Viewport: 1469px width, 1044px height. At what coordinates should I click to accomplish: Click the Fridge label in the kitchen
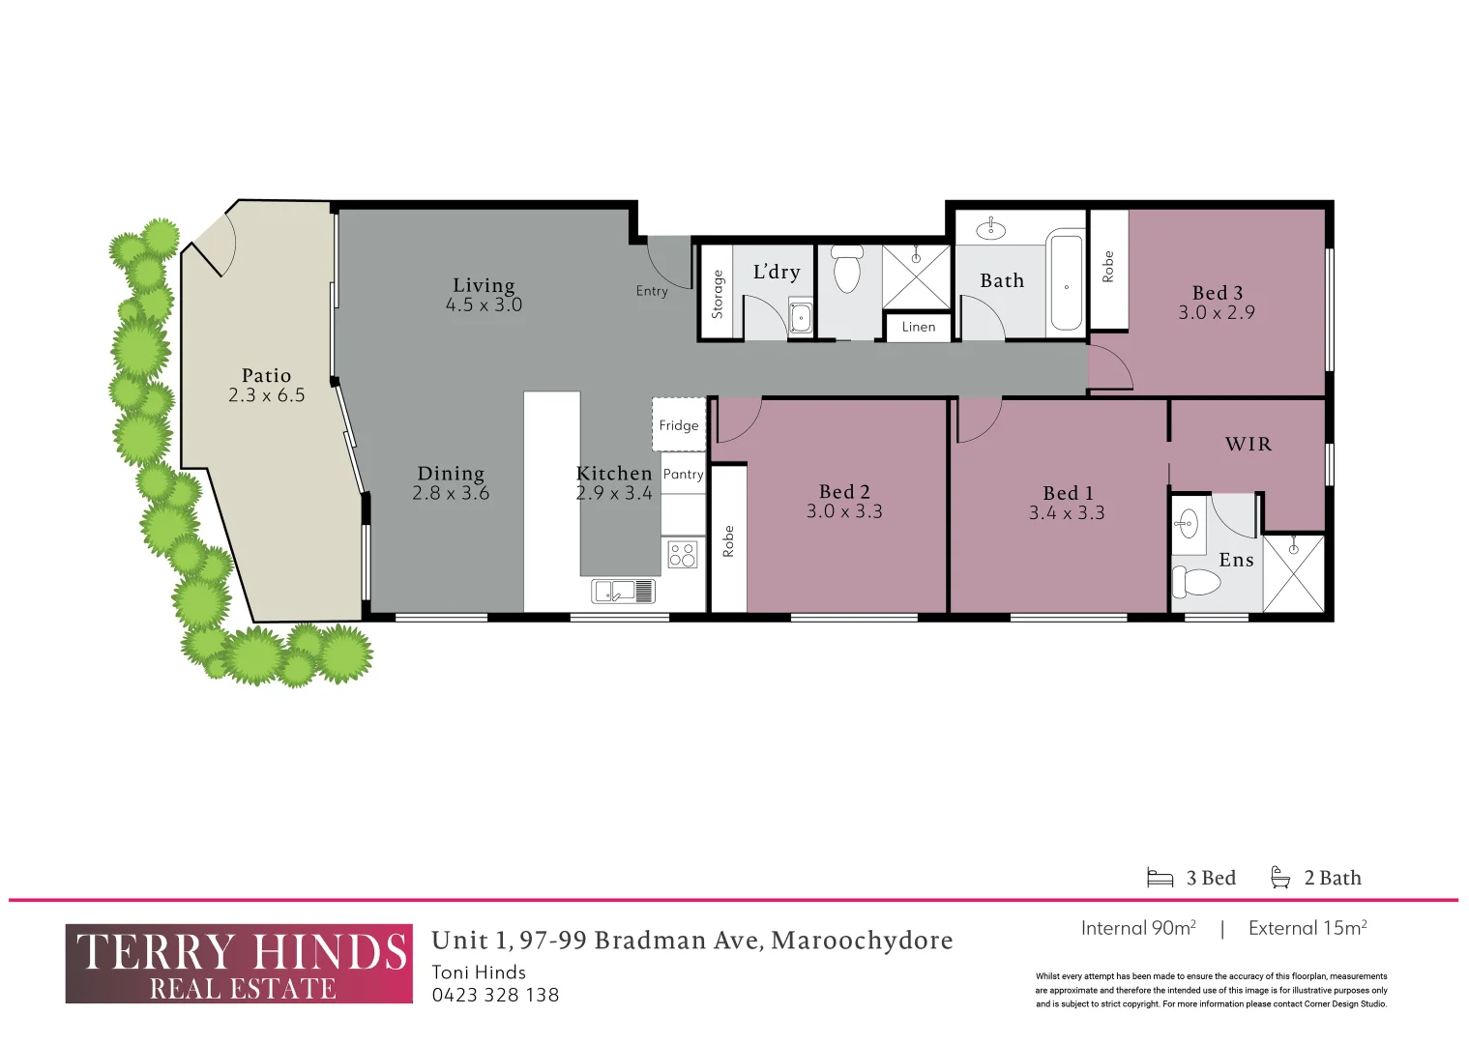(x=679, y=425)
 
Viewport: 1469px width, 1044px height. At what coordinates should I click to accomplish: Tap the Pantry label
(x=683, y=475)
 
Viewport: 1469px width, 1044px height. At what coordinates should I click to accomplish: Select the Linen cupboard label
(x=918, y=327)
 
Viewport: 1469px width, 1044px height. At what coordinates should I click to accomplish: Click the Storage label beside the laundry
(x=717, y=294)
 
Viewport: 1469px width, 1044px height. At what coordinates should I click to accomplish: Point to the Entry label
(x=652, y=291)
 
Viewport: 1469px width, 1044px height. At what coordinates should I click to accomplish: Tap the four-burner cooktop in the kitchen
(x=683, y=555)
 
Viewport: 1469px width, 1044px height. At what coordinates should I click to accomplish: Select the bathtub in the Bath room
(x=1067, y=282)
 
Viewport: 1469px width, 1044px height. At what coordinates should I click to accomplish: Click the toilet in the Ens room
(x=1196, y=582)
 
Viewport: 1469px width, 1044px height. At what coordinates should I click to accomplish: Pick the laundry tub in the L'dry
(x=801, y=316)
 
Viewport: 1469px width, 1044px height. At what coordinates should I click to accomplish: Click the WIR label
(x=1249, y=445)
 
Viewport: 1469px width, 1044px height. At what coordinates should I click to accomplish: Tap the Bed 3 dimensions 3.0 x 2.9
(x=1217, y=313)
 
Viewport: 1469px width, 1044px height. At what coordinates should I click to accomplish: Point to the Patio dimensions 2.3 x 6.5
(x=267, y=395)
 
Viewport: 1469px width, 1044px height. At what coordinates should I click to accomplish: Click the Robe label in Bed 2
(x=728, y=541)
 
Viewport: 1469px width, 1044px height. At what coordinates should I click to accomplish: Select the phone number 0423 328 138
(x=495, y=996)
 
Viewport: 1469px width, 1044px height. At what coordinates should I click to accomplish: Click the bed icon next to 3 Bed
(x=1160, y=878)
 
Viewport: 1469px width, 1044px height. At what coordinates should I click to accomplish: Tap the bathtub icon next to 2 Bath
(x=1280, y=877)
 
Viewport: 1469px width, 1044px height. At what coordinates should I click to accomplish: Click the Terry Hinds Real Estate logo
(x=239, y=964)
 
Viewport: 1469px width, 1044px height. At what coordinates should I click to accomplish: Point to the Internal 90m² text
(x=1138, y=929)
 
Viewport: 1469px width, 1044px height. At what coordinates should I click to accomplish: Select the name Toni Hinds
(x=479, y=972)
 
